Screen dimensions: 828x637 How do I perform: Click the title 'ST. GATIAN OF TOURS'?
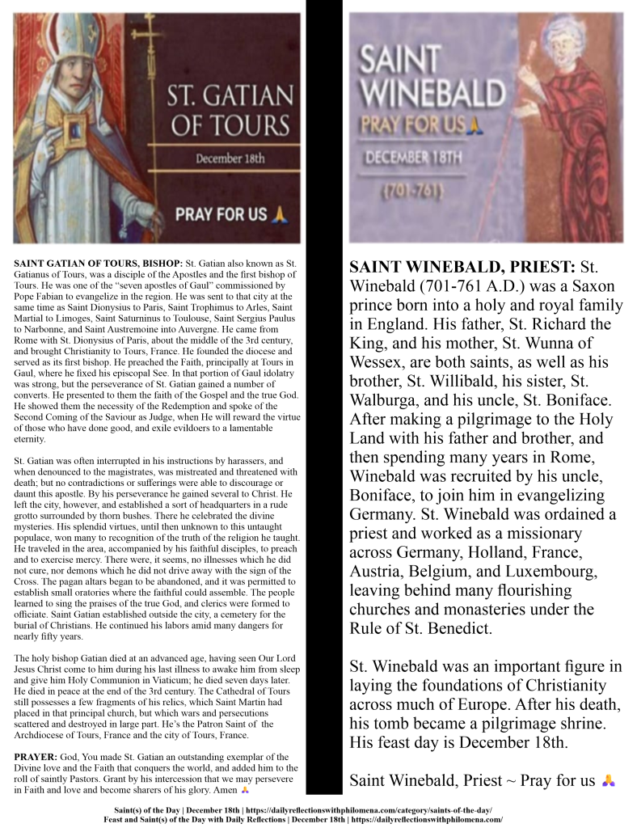229,111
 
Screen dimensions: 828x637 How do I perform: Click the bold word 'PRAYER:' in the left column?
37,756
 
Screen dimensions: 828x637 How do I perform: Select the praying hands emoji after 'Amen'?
246,788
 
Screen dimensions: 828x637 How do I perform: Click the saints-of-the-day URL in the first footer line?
368,809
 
